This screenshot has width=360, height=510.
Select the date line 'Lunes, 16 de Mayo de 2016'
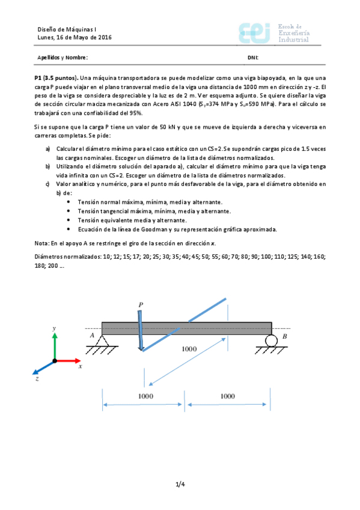(x=75, y=37)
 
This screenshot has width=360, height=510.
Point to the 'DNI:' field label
(x=253, y=58)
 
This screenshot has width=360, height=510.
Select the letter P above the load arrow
(x=140, y=305)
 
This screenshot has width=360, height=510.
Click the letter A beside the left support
(x=92, y=336)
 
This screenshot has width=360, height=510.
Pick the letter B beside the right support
(x=284, y=337)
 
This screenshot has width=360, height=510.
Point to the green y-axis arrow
(x=55, y=345)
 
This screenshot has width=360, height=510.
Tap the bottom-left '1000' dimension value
(x=145, y=396)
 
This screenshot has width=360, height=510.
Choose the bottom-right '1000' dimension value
(x=228, y=396)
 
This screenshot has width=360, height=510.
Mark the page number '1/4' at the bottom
(x=180, y=484)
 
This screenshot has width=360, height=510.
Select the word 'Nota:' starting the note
(x=43, y=242)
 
